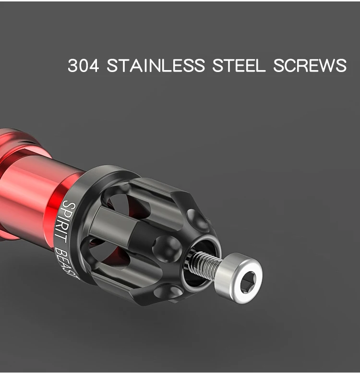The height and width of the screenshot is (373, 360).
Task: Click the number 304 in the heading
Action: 83,65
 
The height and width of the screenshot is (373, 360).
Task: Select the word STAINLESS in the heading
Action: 156,65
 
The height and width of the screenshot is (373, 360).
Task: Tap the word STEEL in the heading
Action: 239,65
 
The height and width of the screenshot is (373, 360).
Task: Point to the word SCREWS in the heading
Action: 310,65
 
